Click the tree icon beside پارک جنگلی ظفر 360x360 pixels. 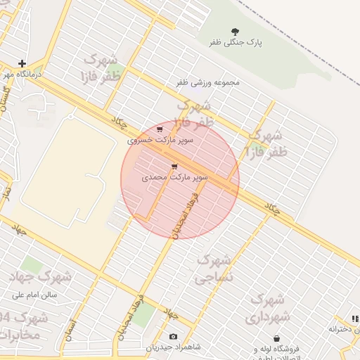pos(235,30)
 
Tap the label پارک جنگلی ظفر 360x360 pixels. pos(235,43)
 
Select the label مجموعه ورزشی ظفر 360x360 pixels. pos(207,82)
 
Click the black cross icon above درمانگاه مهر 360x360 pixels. pos(22,63)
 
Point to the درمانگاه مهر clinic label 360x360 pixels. pos(22,73)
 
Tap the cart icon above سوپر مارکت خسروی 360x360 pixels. pos(160,129)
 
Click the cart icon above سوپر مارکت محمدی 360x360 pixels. pos(174,167)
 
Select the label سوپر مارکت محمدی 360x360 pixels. pos(175,178)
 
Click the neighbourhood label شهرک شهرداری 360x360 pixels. pos(266,309)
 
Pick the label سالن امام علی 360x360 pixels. pos(39,295)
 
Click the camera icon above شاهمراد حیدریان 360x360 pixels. pos(174,336)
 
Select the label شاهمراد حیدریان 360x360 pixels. pos(173,347)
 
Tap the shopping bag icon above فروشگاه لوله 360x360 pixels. pos(276,338)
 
